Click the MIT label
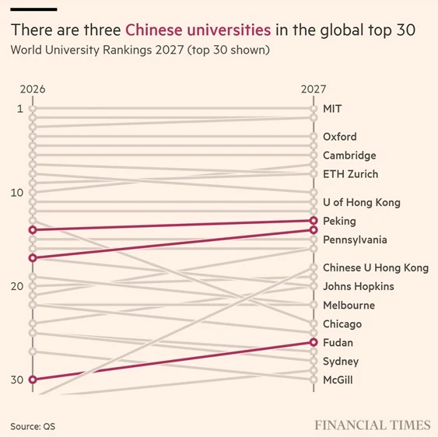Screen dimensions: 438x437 click(x=332, y=109)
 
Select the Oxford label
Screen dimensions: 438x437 click(x=340, y=137)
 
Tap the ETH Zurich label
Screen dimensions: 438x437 click(x=351, y=174)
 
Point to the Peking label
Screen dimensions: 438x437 click(x=339, y=221)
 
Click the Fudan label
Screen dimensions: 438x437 click(x=338, y=342)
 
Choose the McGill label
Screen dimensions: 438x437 click(x=338, y=379)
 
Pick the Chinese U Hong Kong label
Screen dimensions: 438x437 click(x=376, y=267)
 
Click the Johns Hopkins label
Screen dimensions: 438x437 click(x=359, y=286)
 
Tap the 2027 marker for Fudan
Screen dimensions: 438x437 click(x=314, y=342)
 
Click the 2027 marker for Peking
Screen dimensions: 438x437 click(x=314, y=221)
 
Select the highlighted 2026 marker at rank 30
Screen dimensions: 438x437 click(x=33, y=379)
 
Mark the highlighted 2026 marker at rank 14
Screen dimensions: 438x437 click(x=33, y=230)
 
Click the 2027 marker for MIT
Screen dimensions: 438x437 click(x=314, y=109)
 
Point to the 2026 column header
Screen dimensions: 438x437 click(x=33, y=89)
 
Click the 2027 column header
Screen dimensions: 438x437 click(x=314, y=89)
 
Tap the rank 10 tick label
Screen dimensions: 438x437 click(x=17, y=193)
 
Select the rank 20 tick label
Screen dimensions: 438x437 click(x=17, y=286)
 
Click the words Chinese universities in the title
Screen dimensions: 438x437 click(x=198, y=30)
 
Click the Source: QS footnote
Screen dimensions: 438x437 click(x=33, y=426)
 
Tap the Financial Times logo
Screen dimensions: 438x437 click(x=373, y=425)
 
